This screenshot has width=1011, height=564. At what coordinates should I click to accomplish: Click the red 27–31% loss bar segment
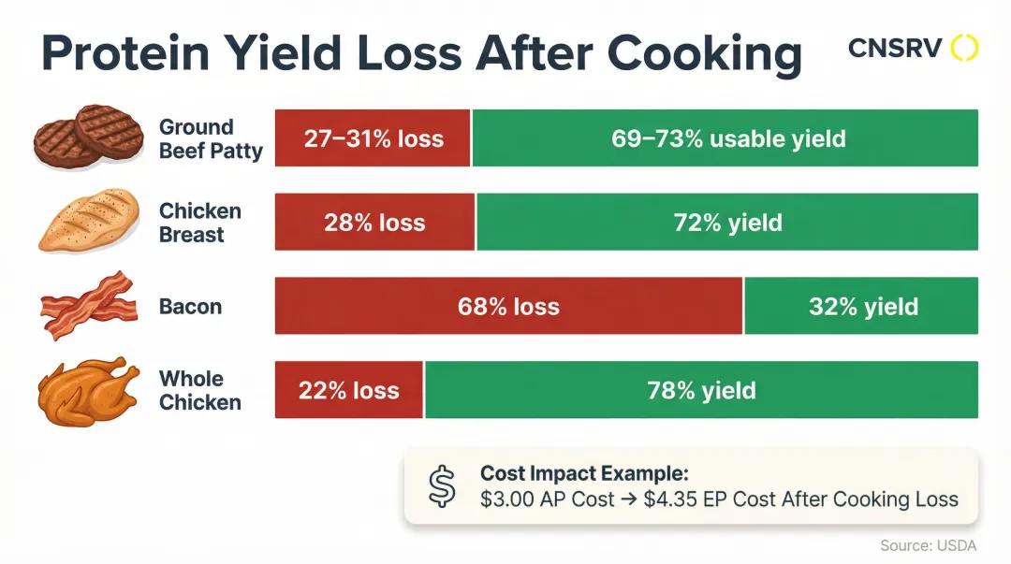373,138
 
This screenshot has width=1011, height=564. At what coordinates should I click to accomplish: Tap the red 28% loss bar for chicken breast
374,223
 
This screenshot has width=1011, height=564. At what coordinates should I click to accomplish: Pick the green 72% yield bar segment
727,223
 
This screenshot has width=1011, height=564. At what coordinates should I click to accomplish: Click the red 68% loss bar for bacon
508,306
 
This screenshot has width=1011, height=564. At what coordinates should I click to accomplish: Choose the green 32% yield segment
861,306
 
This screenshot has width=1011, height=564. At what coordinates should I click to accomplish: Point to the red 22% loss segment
348,390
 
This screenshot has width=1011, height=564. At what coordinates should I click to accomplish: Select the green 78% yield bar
701,390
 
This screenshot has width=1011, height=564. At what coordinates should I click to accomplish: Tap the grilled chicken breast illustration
88,220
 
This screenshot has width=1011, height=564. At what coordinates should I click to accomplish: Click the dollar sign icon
441,486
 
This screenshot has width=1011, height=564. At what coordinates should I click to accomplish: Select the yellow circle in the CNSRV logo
964,48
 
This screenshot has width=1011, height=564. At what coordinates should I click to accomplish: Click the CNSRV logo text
894,48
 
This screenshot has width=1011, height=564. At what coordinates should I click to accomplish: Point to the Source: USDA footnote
929,544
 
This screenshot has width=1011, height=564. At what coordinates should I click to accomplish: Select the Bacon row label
190,307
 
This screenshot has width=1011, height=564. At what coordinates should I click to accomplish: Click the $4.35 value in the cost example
671,499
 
